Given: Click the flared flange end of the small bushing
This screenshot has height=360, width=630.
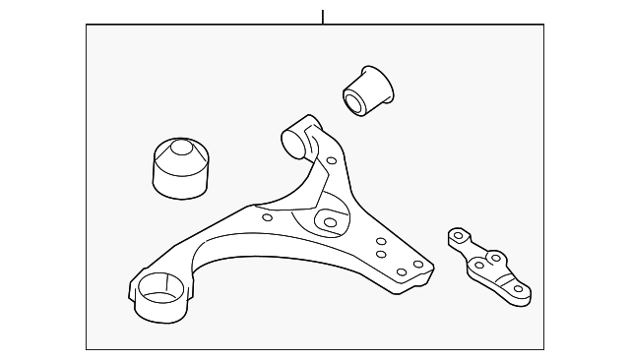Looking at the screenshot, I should tap(379, 80).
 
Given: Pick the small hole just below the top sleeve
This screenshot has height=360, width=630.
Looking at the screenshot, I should tap(331, 160).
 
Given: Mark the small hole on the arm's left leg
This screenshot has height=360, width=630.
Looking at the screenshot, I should tap(268, 218).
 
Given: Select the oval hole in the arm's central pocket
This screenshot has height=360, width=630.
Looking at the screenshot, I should tap(330, 222).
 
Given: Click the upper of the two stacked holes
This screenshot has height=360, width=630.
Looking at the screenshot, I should tap(380, 242).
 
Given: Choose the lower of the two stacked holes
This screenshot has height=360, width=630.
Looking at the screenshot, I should tap(380, 255).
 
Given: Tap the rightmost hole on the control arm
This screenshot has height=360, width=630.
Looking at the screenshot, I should tap(418, 264).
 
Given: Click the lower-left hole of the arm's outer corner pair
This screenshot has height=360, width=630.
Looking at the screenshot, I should tap(401, 271).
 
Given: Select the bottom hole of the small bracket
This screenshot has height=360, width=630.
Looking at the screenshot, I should tap(518, 288).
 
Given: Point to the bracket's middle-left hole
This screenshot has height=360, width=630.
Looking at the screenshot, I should tap(478, 265).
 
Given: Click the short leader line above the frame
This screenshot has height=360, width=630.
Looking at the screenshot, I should tap(322, 16).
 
